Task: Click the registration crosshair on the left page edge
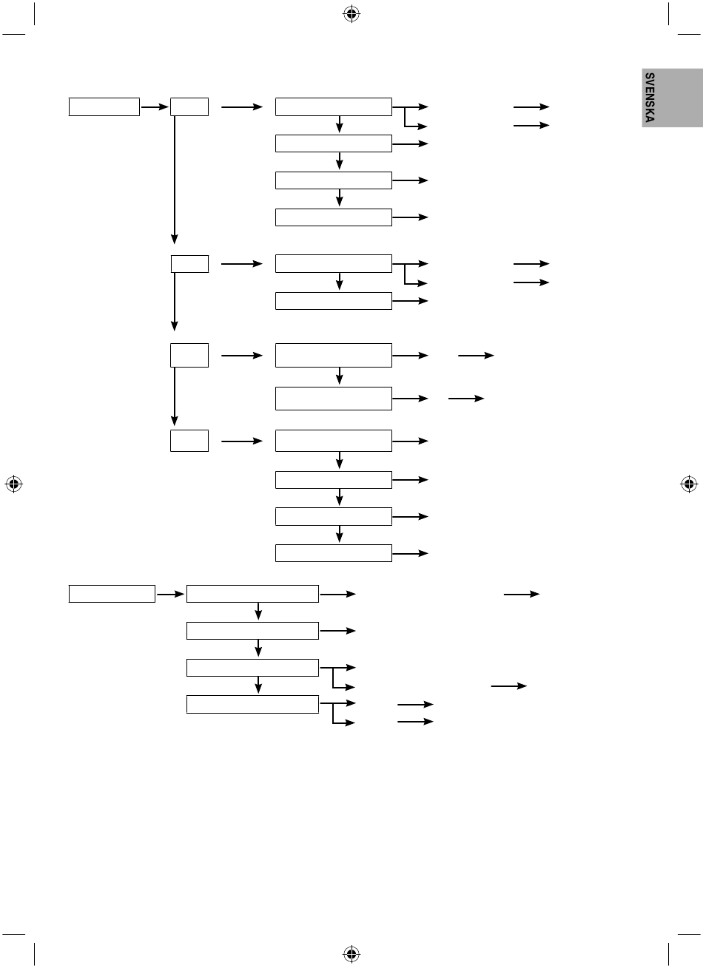[x=13, y=484]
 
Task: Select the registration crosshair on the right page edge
[x=689, y=484]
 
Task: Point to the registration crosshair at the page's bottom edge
[x=351, y=954]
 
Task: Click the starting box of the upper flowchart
[x=104, y=106]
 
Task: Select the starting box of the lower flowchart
[x=112, y=593]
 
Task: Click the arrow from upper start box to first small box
[x=155, y=107]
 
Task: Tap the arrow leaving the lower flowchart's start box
[x=171, y=594]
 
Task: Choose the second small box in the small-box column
[x=189, y=263]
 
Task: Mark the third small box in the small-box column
[x=189, y=356]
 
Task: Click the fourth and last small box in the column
[x=189, y=441]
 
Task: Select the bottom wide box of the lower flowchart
[x=252, y=703]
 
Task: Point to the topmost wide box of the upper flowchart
[x=333, y=106]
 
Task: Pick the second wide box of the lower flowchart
[x=252, y=630]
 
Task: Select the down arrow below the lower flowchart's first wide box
[x=259, y=612]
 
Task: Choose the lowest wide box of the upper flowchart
[x=333, y=552]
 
